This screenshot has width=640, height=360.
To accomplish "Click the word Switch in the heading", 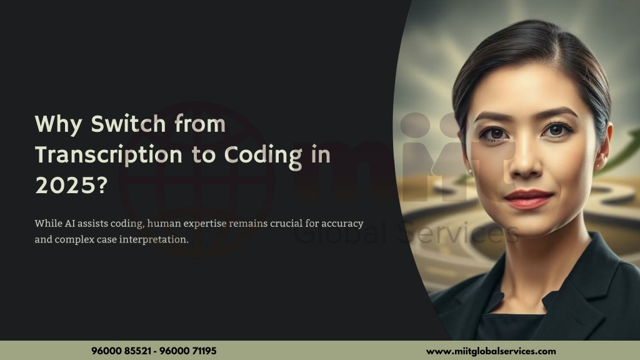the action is point(128,124).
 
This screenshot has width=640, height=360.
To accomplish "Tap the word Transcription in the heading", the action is point(109,156).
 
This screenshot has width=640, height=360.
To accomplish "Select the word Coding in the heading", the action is point(263,156).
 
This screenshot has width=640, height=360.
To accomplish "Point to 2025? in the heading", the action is point(71,186).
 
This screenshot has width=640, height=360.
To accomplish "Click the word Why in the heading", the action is point(58,124).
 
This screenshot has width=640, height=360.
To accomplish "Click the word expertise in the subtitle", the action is point(204,224).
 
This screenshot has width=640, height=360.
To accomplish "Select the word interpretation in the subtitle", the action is point(154,239).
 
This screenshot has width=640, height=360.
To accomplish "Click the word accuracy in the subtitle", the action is point(342,224).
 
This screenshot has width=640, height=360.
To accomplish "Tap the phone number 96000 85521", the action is point(121,351).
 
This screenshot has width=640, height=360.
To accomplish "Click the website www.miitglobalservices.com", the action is point(491,351).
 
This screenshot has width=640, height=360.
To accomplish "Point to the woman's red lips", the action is point(528,199).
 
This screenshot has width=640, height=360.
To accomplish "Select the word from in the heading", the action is point(200,124).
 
